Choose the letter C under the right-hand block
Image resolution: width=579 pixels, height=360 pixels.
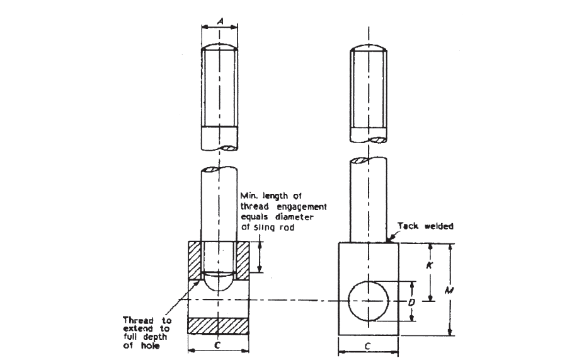(368, 345)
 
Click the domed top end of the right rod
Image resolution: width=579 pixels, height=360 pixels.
(369, 48)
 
